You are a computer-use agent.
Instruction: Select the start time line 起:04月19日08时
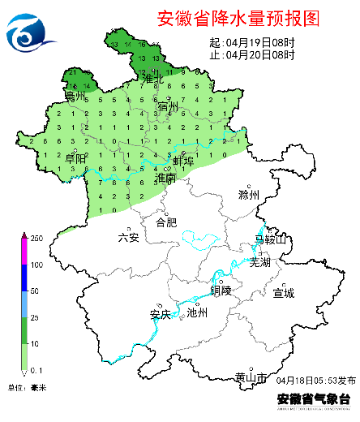[x=251, y=42]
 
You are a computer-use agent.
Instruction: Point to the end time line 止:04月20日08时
[x=251, y=54]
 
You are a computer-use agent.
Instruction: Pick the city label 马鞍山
[x=270, y=239]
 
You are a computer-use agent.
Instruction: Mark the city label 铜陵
[x=221, y=290]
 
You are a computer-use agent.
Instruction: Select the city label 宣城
[x=284, y=292]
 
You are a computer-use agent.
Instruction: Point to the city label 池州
[x=197, y=312]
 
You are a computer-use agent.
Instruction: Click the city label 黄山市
[x=250, y=377]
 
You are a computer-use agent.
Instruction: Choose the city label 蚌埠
[x=183, y=161]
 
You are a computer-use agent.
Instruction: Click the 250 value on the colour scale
[x=36, y=238]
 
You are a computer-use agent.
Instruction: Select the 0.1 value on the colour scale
[x=36, y=370]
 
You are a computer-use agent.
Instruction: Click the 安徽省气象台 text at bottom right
[x=313, y=398]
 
